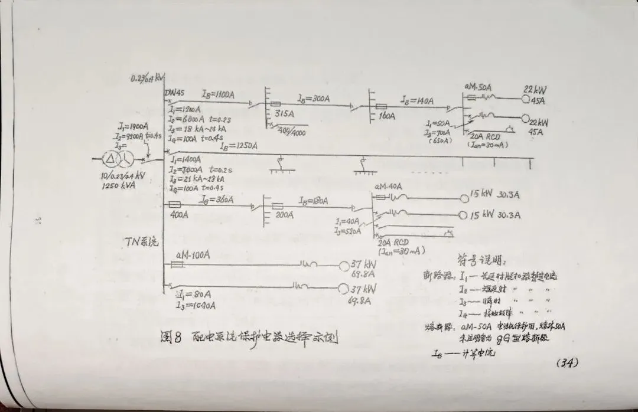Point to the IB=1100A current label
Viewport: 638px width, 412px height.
pyautogui.click(x=219, y=93)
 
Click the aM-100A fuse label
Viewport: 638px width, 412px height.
pyautogui.click(x=193, y=255)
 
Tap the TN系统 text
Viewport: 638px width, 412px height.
pyautogui.click(x=141, y=242)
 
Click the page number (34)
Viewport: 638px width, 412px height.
pyautogui.click(x=567, y=362)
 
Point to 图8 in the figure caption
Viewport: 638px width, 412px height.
pyautogui.click(x=171, y=339)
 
